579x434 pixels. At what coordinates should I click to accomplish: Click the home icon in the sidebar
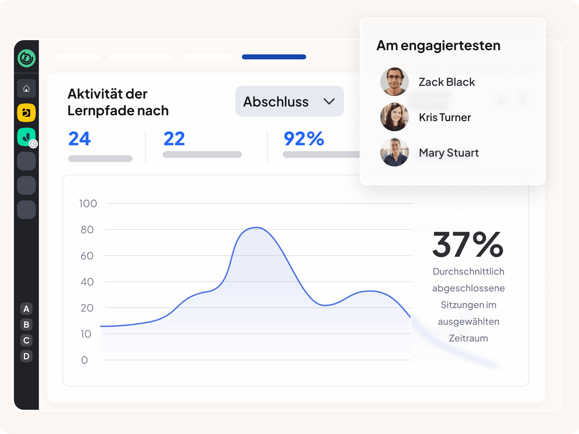(26, 89)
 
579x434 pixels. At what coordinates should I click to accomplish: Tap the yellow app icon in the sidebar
(26, 113)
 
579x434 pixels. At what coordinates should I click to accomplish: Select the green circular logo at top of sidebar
(27, 58)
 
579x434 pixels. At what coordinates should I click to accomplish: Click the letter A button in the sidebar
(26, 309)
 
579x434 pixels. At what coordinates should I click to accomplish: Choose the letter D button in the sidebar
(26, 356)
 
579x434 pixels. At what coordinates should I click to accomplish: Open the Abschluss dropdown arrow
(329, 102)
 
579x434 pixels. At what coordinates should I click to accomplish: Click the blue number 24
(80, 139)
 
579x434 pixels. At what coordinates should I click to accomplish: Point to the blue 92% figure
(304, 139)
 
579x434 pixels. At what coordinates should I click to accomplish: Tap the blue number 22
(174, 139)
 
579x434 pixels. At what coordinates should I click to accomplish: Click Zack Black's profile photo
(394, 82)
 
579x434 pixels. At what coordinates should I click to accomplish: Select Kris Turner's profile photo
(394, 117)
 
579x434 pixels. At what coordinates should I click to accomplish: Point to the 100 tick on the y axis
(88, 204)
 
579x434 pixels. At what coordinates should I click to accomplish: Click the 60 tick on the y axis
(87, 256)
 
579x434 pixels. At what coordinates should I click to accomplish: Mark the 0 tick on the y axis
(84, 360)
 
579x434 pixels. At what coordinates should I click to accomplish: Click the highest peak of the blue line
(256, 228)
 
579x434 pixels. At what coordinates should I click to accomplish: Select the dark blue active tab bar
(274, 57)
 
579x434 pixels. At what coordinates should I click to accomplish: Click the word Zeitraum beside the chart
(468, 338)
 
